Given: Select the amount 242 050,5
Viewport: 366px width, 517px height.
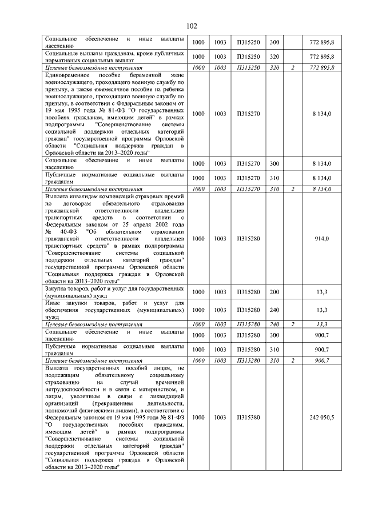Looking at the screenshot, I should [x=322, y=418].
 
